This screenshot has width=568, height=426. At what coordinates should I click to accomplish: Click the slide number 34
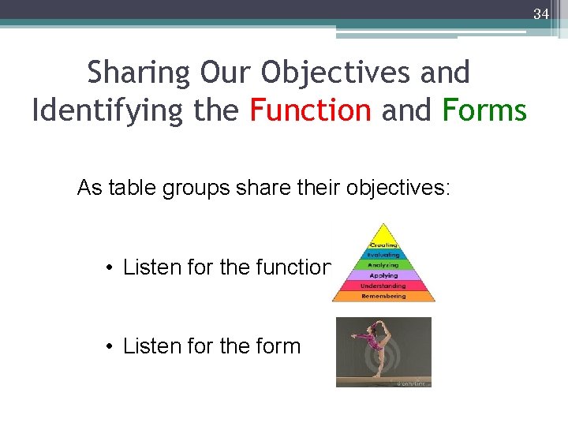[x=540, y=13]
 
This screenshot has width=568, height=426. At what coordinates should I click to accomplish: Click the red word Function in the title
[x=310, y=110]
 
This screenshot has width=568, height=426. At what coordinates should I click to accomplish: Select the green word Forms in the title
[x=484, y=110]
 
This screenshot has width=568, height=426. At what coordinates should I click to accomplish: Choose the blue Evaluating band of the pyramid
[x=383, y=255]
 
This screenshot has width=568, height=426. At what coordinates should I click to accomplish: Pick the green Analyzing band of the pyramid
[x=383, y=265]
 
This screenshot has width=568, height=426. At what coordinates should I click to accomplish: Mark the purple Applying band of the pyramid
[x=383, y=275]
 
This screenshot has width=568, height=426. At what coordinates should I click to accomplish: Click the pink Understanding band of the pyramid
[x=383, y=286]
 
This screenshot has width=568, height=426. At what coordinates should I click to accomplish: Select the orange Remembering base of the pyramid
[x=383, y=296]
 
